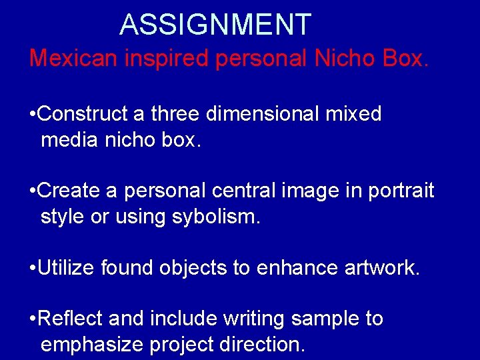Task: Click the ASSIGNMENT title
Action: [x=215, y=25]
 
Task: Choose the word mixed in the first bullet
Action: [x=354, y=114]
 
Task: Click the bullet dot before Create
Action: [x=33, y=191]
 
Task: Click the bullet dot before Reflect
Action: [x=33, y=319]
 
